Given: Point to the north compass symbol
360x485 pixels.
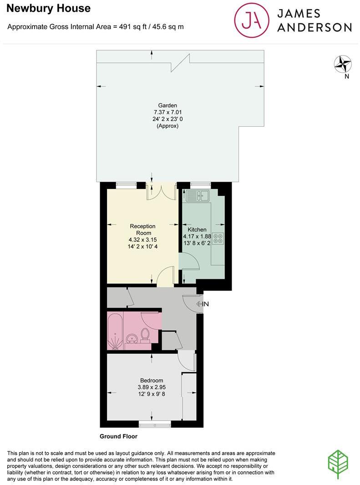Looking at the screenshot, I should pos(343,65).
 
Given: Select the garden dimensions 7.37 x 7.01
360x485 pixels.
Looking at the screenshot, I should pos(167,112).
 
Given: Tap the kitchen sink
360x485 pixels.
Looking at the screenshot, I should pos(197,196).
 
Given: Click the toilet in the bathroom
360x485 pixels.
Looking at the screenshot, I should pos(146,335).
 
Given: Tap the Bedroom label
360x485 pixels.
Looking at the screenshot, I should pos(152,381).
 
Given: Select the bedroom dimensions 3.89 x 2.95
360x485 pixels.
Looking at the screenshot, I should pos(152,388).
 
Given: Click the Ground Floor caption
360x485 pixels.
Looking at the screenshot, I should pos(118,436).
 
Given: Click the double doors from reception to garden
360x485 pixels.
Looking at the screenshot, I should pos(161,191).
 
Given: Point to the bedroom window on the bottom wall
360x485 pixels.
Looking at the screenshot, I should pos(155,424).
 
